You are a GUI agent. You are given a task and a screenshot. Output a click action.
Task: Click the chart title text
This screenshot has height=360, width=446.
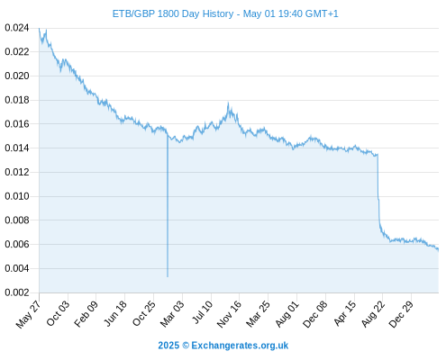[x=225, y=13]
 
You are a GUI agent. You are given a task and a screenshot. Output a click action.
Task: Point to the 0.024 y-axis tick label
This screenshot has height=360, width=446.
[x=17, y=28]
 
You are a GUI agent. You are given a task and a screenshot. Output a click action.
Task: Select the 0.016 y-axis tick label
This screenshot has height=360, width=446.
[x=17, y=124]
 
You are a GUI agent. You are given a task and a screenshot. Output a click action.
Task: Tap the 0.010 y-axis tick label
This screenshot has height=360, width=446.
[x=17, y=196]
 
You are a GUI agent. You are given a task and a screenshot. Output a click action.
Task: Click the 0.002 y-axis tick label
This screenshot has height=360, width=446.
[x=17, y=292]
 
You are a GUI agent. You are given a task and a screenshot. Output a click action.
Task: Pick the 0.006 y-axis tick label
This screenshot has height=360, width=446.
[x=17, y=244]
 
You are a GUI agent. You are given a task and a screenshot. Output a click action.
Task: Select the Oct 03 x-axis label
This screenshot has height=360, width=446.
[x=58, y=313]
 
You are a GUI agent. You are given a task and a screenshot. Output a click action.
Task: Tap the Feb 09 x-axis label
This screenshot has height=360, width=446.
[x=86, y=314]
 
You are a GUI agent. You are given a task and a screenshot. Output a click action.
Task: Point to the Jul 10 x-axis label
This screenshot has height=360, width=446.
[x=202, y=312]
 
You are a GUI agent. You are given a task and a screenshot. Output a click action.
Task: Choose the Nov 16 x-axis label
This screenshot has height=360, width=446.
[x=229, y=314]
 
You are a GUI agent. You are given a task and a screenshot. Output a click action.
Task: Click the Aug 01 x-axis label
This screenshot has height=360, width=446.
[x=287, y=314]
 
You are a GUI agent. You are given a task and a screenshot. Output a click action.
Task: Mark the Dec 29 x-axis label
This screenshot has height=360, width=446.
[x=401, y=314]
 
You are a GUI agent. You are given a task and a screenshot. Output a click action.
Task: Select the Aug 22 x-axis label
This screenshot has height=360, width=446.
[x=373, y=314]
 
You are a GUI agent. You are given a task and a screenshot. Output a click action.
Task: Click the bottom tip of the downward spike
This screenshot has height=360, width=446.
[x=168, y=276]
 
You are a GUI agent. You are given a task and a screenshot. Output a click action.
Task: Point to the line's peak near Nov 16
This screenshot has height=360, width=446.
[x=228, y=103]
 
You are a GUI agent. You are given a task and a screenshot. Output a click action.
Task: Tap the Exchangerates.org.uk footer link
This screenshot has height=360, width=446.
[x=240, y=346]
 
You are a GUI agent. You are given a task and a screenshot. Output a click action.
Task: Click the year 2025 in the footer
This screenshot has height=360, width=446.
[x=168, y=346]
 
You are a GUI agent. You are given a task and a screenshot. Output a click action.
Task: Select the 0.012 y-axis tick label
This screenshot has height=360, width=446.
[x=17, y=172]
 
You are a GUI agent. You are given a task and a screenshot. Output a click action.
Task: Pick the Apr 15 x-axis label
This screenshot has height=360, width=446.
[x=345, y=313]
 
